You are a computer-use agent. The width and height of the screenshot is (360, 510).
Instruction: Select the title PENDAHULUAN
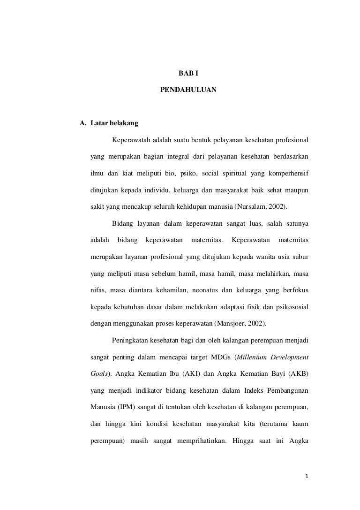click(188, 88)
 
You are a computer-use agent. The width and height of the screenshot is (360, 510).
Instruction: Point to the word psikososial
click(290, 307)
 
